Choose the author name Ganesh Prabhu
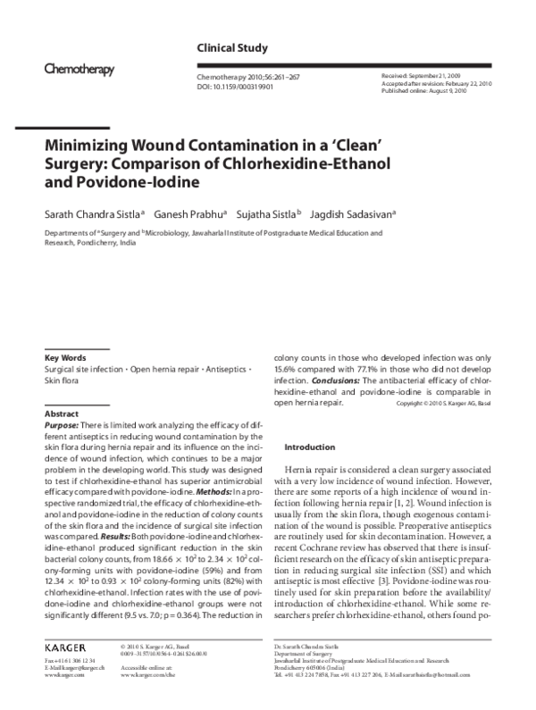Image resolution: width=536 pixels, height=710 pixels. click(197, 214)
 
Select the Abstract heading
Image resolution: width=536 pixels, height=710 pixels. click(63, 414)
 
